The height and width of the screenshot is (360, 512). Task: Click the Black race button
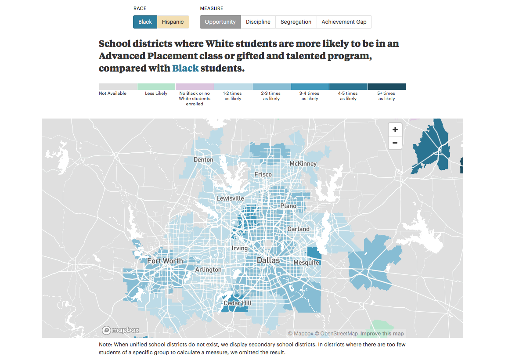145,22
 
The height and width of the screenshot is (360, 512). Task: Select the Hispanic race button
173,22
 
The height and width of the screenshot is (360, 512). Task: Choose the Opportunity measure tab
220,22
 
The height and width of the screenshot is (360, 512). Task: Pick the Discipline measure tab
258,22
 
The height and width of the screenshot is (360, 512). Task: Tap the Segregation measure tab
296,22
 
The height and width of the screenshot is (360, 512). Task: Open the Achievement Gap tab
344,22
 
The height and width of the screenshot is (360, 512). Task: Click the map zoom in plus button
395,130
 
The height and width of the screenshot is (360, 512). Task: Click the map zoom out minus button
395,143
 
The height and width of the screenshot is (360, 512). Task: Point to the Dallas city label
268,260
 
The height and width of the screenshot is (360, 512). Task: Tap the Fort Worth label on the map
165,261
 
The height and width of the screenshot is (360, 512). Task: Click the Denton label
203,160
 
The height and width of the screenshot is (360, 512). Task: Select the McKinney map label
303,164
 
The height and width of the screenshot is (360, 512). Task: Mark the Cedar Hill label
238,303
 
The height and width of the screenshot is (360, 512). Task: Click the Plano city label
288,206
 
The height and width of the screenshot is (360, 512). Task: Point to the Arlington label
208,270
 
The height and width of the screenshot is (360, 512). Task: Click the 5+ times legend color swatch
386,86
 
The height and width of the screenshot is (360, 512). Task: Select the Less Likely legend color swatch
156,86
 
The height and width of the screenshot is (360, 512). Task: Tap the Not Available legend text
112,94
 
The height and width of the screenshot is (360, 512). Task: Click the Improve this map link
382,334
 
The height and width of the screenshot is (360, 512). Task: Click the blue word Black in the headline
185,68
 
